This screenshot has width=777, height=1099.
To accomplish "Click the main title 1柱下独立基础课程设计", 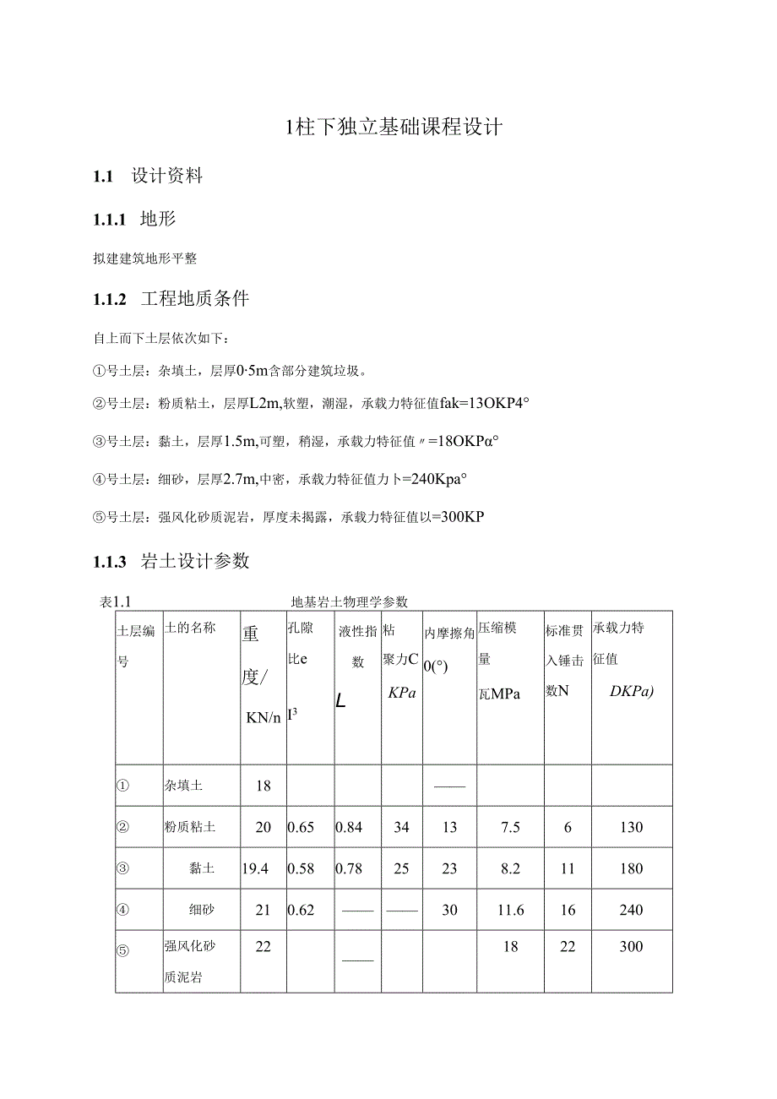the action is (394, 128).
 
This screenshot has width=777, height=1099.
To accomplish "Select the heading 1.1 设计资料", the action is (148, 177).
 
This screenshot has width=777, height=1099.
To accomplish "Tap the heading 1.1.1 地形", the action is (134, 220).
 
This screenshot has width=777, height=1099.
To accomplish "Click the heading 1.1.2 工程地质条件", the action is (171, 299).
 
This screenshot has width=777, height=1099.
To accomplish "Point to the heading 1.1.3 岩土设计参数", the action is (171, 561).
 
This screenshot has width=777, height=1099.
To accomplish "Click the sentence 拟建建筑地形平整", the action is (144, 258).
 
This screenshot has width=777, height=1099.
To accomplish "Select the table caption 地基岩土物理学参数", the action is (349, 602).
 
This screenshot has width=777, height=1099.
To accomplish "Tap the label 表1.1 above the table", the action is (118, 602).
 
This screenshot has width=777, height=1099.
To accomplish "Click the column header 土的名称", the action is (190, 628).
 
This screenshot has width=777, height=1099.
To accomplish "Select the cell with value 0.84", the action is (349, 827).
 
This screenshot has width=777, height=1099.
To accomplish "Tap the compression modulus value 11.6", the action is (510, 910).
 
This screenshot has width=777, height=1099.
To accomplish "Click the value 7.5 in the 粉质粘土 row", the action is (510, 827).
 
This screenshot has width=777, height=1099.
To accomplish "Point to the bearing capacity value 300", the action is (631, 947).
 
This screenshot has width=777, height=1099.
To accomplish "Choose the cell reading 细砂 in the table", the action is (202, 910).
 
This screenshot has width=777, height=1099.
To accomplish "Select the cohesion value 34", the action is (401, 827).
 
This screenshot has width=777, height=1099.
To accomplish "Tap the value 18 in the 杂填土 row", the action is (264, 786).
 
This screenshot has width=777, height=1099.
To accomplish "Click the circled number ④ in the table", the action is (123, 910).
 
